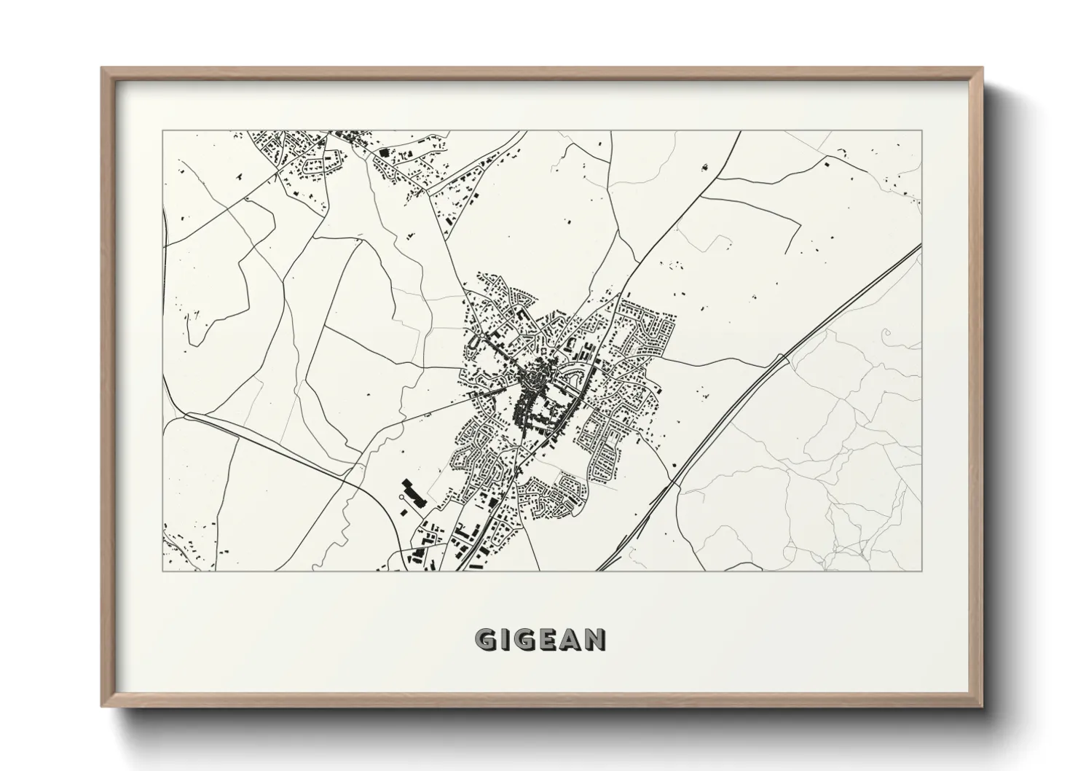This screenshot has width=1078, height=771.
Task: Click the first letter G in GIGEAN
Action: [487, 640]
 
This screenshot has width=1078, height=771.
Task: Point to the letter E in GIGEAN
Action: [550, 640]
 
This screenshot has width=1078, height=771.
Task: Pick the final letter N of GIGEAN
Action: [595, 640]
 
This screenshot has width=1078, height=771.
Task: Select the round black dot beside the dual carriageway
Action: [673, 463]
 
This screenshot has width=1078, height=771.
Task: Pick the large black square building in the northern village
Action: [384, 152]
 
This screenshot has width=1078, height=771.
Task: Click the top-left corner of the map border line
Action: [163, 131]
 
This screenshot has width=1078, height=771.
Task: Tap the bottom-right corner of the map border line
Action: [921, 570]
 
